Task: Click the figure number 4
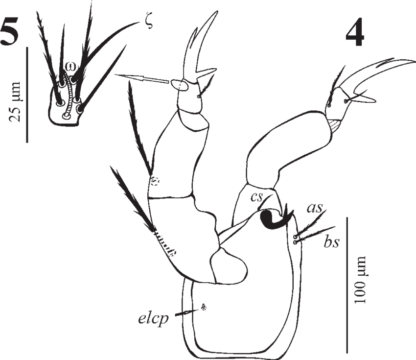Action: (x=355, y=34)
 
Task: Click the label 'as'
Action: (x=314, y=208)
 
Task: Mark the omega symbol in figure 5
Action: (x=69, y=66)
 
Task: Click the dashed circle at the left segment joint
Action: (x=155, y=181)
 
